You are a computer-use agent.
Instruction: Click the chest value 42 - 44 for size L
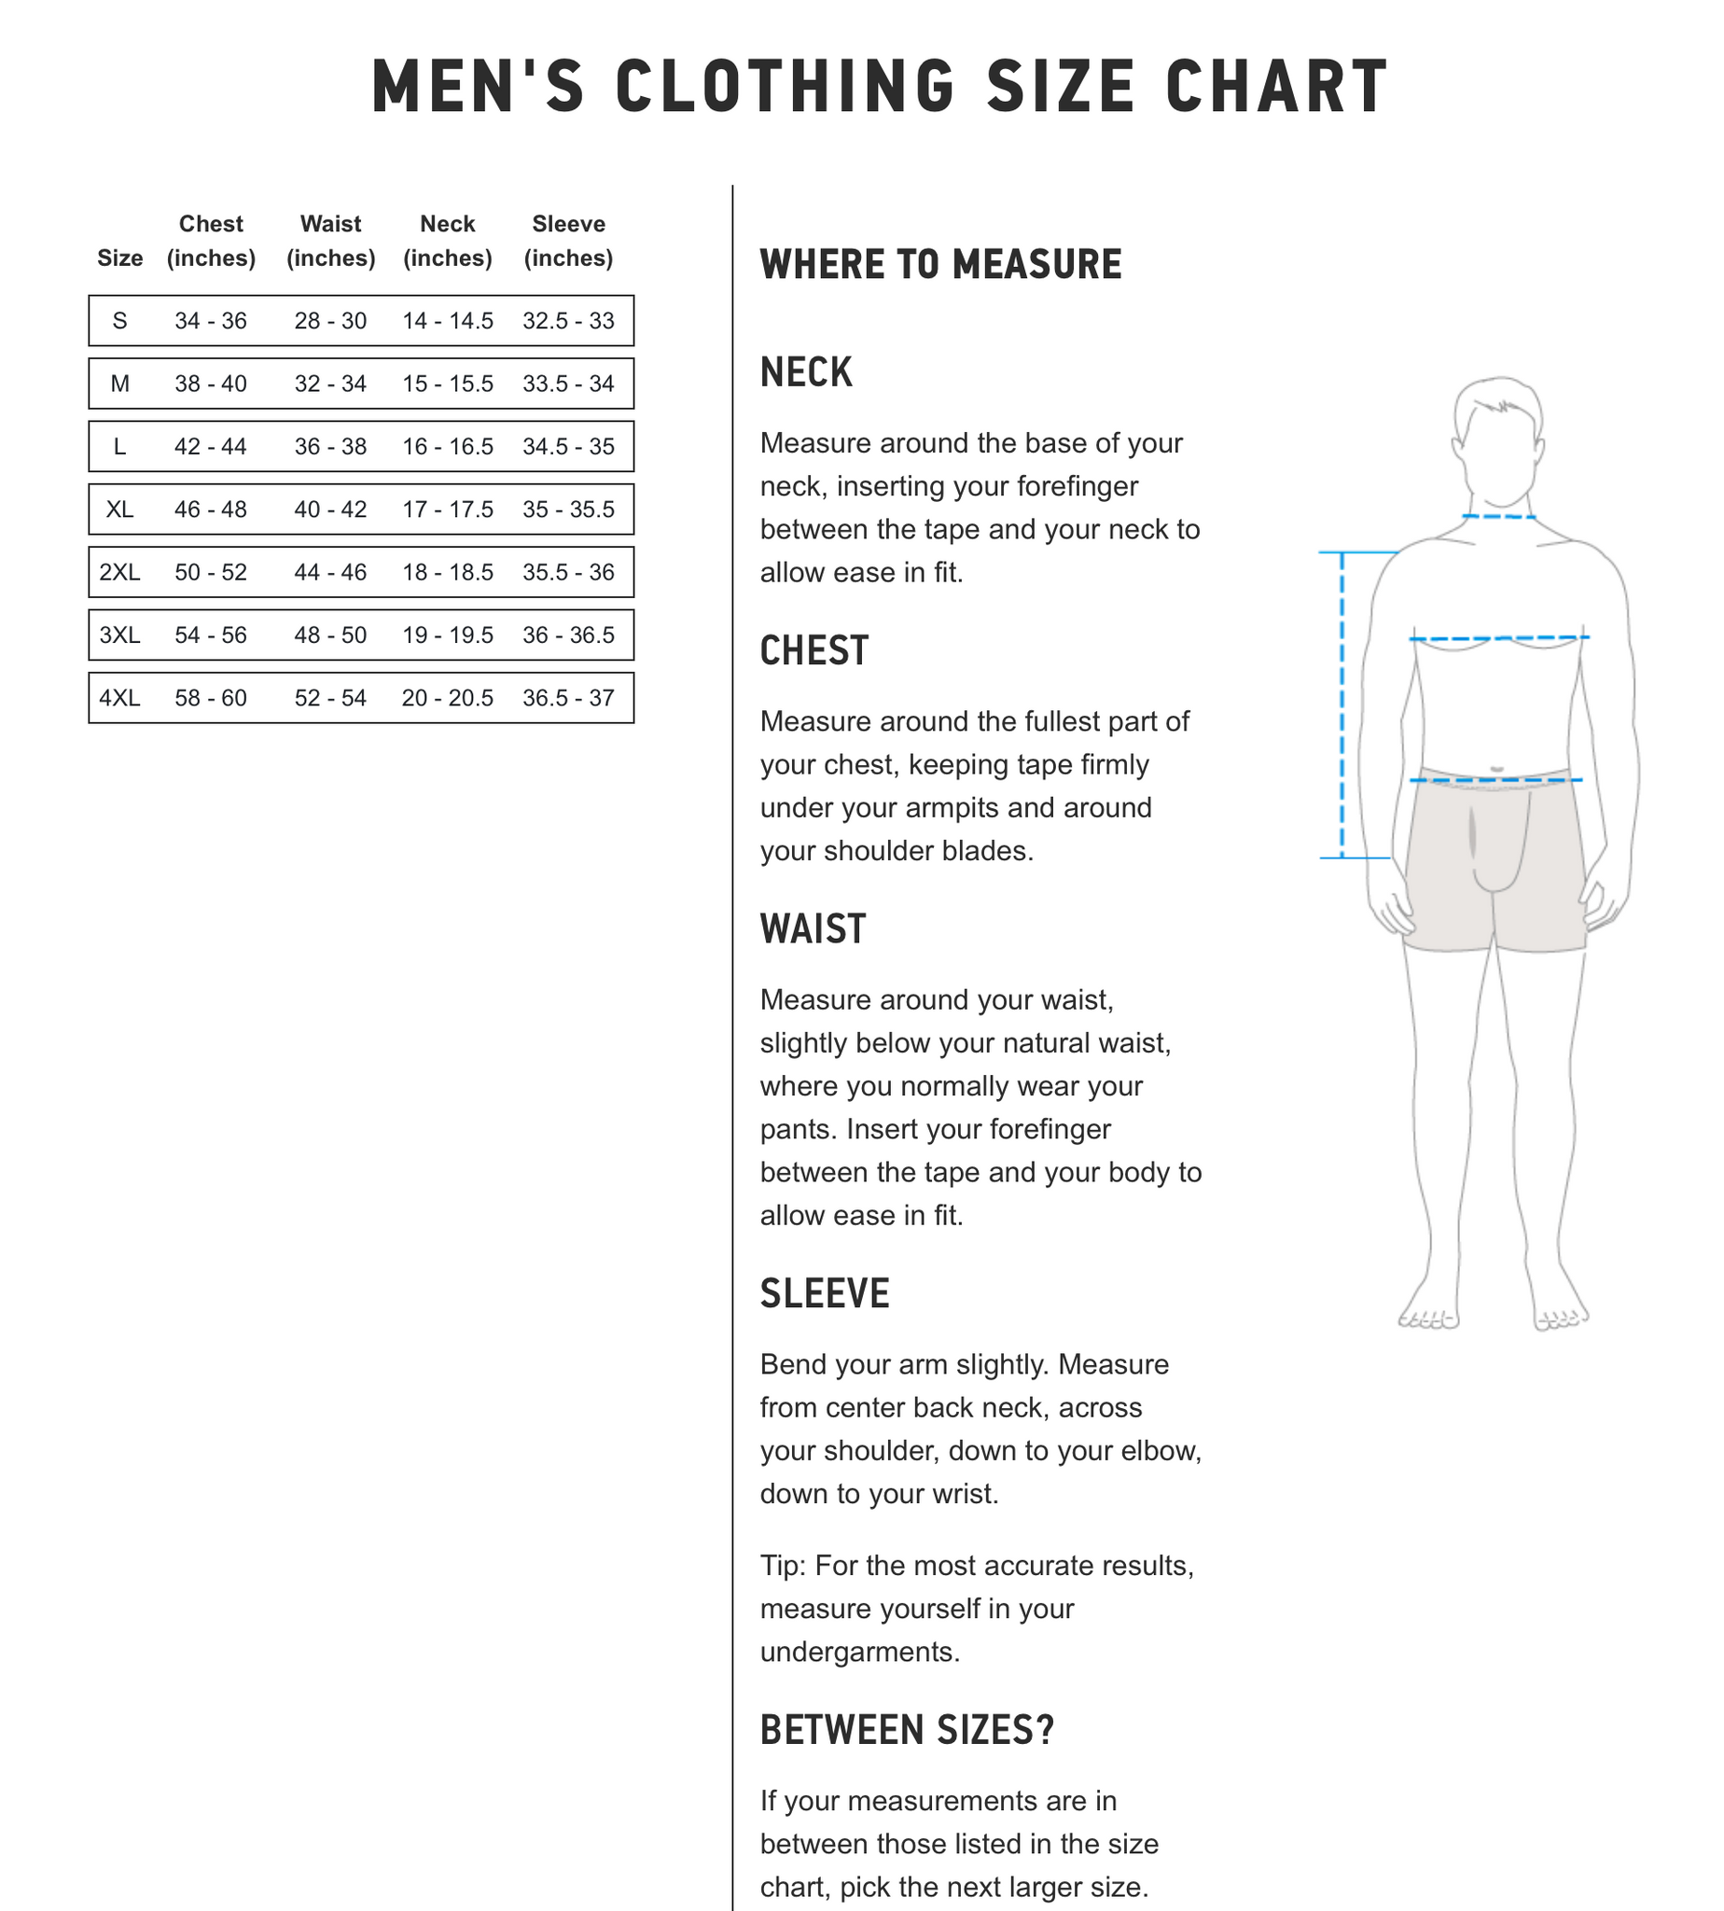210,446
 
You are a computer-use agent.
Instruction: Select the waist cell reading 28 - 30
329,320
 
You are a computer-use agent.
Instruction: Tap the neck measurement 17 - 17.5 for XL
447,509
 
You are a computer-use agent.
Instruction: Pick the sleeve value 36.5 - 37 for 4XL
568,697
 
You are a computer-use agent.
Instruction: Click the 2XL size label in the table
119,572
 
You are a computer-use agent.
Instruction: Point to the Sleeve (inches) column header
568,241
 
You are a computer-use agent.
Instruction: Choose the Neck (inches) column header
447,241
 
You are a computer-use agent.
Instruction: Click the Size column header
119,258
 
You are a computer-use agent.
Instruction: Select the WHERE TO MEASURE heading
940,264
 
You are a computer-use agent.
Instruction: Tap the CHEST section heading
813,651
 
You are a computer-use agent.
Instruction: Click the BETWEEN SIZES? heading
907,1730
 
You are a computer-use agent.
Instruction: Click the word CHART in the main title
1276,87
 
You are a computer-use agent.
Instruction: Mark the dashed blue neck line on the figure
1497,516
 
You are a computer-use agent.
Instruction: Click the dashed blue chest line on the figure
1498,638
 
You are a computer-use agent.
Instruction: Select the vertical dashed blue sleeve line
1342,704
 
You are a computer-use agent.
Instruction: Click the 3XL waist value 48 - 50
329,635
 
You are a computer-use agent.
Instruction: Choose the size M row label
119,384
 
